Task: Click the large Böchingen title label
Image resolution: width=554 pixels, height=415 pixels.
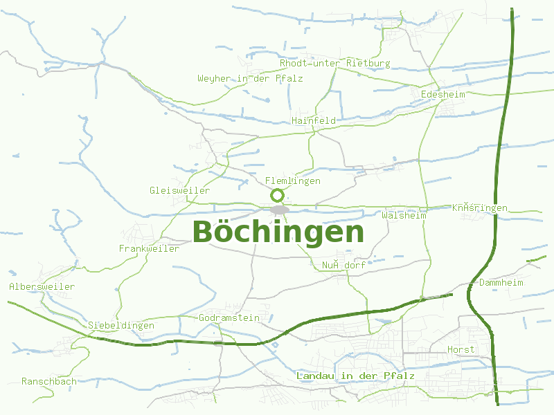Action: (x=278, y=232)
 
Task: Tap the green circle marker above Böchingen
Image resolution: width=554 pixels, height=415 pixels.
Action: (x=278, y=195)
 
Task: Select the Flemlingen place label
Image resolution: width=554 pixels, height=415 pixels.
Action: (x=293, y=181)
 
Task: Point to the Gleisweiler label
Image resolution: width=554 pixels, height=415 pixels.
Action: (x=179, y=190)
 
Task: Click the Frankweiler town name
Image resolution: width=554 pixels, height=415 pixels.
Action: (x=149, y=248)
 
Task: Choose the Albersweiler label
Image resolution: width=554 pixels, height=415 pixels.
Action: (x=42, y=286)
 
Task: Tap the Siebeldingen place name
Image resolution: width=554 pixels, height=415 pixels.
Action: (x=121, y=325)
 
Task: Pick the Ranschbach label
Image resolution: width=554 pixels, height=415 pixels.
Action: (x=49, y=381)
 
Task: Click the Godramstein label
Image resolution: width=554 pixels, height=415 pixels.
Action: (x=229, y=318)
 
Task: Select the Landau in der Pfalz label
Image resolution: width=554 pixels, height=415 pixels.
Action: (x=355, y=376)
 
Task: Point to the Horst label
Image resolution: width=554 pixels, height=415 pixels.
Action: (x=461, y=349)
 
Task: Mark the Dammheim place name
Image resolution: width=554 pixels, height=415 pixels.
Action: (x=501, y=283)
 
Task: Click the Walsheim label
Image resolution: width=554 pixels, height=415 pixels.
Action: (x=404, y=215)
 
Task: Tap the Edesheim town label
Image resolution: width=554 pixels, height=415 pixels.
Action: (x=443, y=93)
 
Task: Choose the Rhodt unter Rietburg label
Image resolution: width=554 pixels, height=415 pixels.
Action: (x=334, y=63)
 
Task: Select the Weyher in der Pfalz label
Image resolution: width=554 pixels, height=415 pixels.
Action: (x=250, y=78)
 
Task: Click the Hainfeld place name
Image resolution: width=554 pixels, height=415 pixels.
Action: (x=314, y=120)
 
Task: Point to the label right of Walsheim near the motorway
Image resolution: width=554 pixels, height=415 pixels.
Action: (x=480, y=207)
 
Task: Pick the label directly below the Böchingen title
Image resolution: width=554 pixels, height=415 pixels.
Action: (x=343, y=265)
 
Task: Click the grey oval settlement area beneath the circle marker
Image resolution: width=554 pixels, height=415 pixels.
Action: (x=279, y=210)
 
